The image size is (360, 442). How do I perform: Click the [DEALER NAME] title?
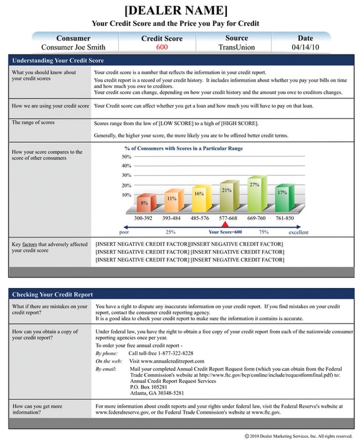[176, 11]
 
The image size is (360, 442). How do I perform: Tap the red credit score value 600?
[162, 47]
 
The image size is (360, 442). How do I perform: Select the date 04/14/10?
[305, 47]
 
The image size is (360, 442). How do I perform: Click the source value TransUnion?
[236, 47]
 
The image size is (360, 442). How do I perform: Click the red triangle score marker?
[225, 225]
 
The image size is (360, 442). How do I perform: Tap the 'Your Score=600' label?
[225, 232]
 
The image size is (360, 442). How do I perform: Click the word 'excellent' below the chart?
[298, 232]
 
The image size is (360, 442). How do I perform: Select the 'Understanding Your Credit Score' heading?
[58, 61]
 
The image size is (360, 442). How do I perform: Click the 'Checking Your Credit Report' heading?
[53, 294]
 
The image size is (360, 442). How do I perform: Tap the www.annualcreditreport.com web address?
[166, 361]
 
